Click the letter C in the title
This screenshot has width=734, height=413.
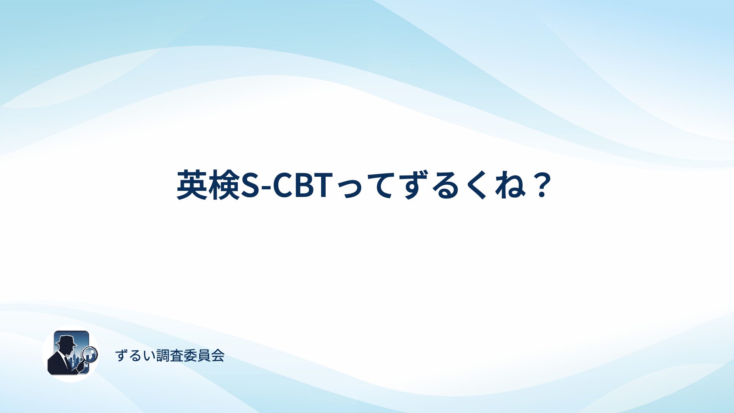pos(284,185)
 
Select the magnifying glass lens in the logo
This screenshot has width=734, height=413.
pos(91,354)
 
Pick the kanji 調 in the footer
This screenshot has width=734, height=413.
pos(163,356)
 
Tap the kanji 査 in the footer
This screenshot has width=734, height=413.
pos(176,356)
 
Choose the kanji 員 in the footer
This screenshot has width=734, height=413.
pos(204,356)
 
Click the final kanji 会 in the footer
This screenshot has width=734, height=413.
pos(218,356)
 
